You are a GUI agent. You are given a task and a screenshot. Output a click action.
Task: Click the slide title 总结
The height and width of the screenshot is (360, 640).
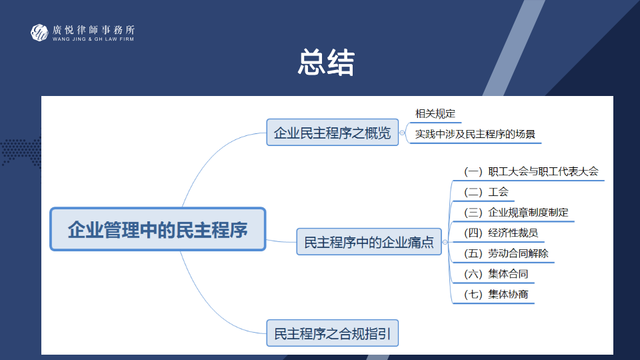[x=326, y=63]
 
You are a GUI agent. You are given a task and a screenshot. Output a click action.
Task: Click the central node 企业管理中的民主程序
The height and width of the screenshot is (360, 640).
[x=158, y=229]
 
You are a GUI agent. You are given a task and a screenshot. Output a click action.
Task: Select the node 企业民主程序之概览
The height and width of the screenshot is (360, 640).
[x=332, y=132]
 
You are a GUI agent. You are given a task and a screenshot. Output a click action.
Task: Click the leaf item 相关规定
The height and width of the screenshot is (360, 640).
[x=435, y=113]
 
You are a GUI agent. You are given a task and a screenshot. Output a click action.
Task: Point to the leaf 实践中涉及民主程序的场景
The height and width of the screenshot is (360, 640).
[x=475, y=134]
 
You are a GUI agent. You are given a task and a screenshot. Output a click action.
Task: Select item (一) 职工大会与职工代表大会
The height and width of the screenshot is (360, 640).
[x=531, y=171]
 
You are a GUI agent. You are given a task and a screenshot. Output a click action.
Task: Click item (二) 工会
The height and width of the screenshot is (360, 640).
[x=486, y=192]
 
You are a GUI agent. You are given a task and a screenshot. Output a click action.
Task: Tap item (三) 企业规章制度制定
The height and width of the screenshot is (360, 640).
[x=516, y=213]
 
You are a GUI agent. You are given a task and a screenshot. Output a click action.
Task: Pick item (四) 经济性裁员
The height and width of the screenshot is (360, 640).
[x=501, y=233]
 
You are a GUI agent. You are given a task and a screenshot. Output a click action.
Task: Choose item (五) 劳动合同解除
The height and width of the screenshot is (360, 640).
[x=506, y=253]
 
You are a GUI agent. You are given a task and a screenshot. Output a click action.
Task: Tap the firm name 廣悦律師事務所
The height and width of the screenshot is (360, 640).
[x=93, y=29]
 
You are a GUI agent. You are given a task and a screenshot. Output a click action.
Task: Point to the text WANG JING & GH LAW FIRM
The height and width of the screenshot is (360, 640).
[x=93, y=39]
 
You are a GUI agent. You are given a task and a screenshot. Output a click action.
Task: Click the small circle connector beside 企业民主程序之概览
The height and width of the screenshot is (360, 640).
[x=402, y=133]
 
